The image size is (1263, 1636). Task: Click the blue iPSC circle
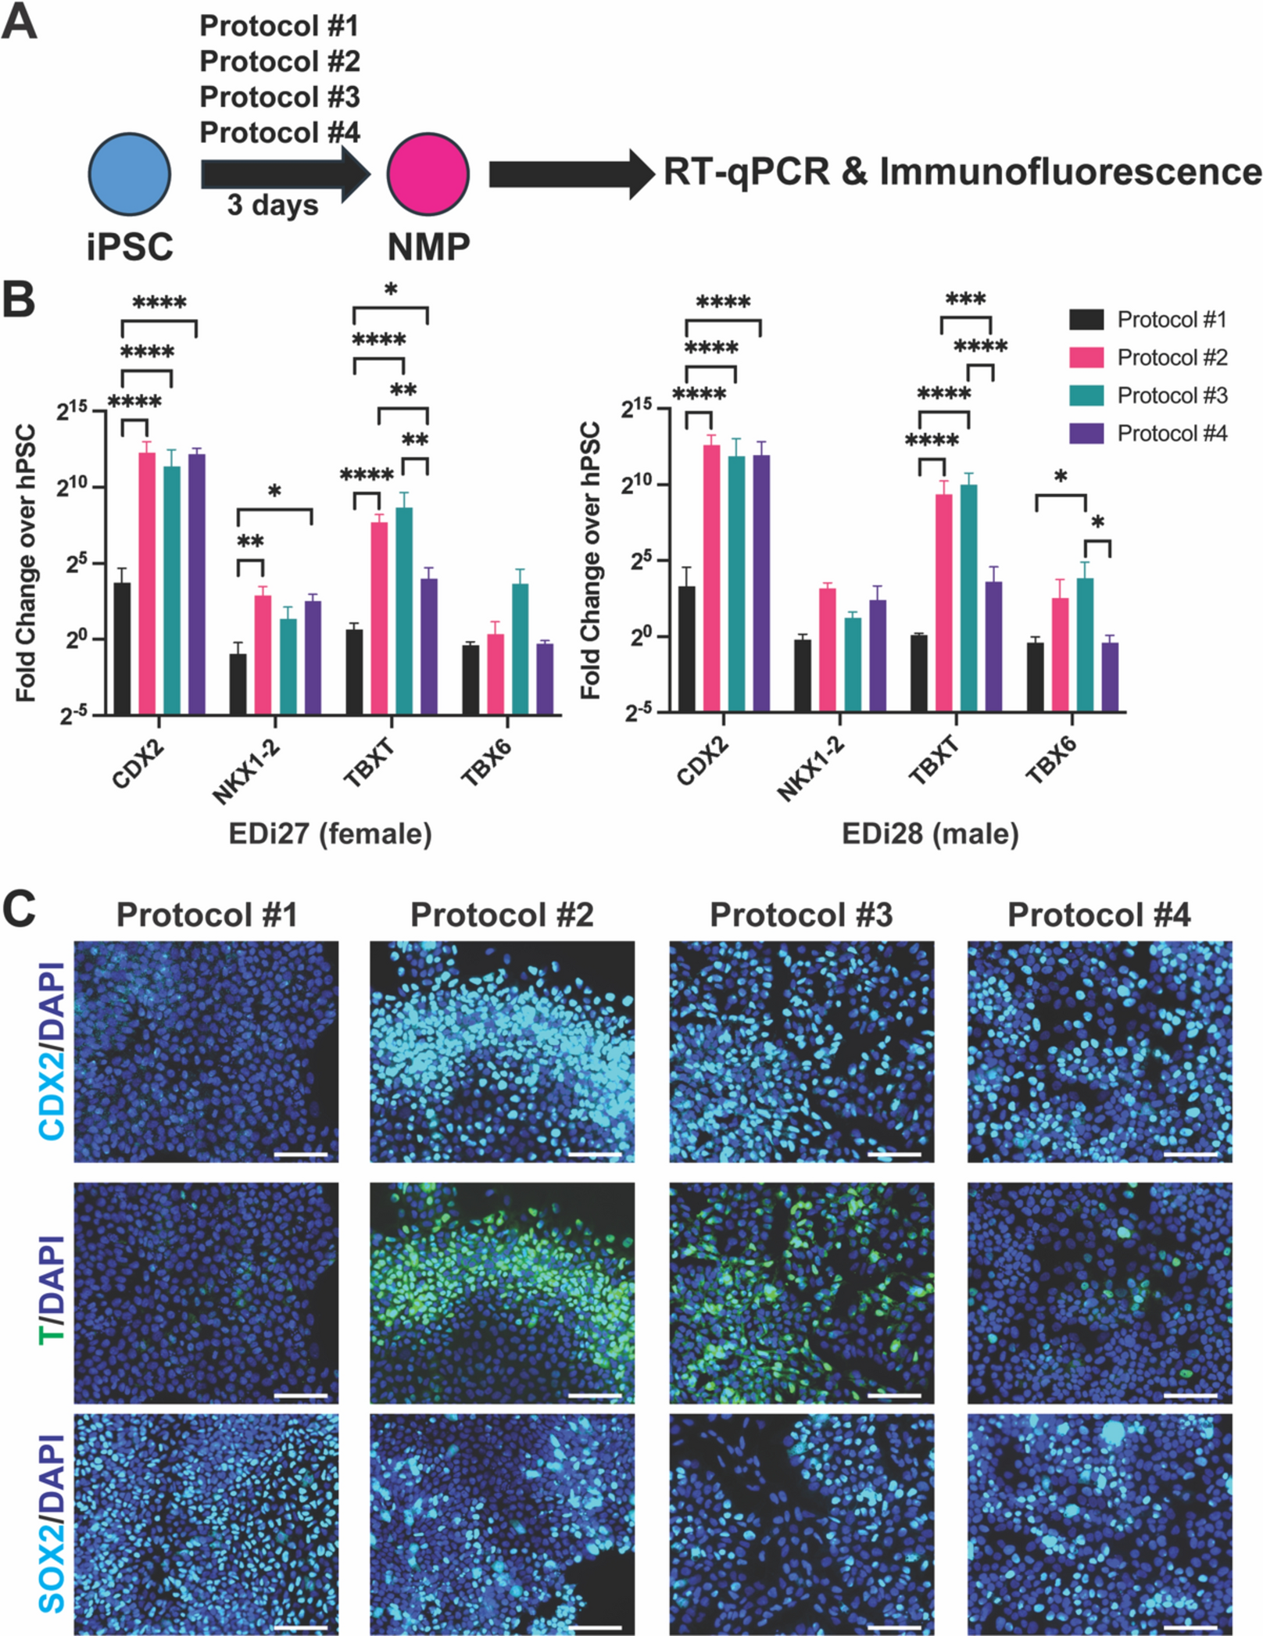pos(130,174)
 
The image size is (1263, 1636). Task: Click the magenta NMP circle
pos(428,174)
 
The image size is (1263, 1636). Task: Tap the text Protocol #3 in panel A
pos(279,97)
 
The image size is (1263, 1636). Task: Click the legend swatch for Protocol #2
pos(1086,358)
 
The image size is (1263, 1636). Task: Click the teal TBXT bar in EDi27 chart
pos(404,610)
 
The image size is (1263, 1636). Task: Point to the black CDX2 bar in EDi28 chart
pos(687,649)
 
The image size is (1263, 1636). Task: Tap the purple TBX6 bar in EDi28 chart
pos(1111,677)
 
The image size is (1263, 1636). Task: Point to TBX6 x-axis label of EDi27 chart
pos(486,761)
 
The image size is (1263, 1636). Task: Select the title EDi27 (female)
pos(330,833)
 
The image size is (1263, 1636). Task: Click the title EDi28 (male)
pos(930,833)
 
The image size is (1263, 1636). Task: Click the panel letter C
pos(21,911)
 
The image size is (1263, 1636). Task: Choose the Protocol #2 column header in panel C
pos(502,915)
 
